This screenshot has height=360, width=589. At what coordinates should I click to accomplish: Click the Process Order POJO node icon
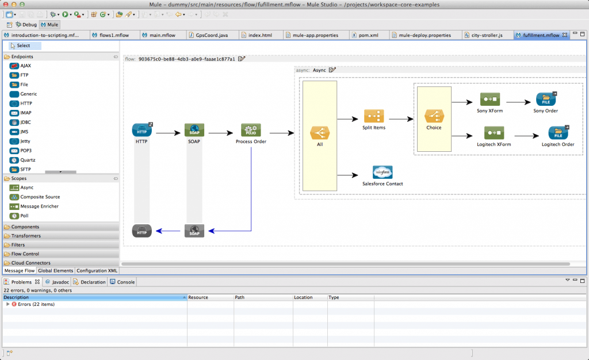[251, 130]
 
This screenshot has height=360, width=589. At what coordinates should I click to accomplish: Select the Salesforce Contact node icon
[383, 172]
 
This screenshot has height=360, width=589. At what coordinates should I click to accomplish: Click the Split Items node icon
[374, 116]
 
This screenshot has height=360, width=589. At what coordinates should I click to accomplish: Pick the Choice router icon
[434, 116]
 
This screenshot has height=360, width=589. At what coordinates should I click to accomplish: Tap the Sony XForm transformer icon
[494, 99]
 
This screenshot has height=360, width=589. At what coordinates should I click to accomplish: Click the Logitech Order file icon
[558, 133]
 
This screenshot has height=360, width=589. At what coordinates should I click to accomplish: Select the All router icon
[319, 133]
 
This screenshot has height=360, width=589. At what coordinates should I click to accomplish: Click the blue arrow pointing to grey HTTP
[167, 231]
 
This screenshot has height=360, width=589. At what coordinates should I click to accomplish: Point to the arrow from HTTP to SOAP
[167, 133]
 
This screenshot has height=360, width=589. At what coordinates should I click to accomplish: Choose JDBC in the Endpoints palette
[25, 122]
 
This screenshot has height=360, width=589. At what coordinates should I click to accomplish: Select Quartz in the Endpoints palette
[28, 160]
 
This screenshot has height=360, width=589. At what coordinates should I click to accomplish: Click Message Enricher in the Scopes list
[39, 206]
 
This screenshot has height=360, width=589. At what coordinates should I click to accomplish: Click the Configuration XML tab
[97, 270]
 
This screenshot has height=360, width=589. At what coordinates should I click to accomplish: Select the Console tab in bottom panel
[125, 282]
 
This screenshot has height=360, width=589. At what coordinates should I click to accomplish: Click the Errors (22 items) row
[36, 304]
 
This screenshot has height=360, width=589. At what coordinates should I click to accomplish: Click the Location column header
[303, 297]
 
